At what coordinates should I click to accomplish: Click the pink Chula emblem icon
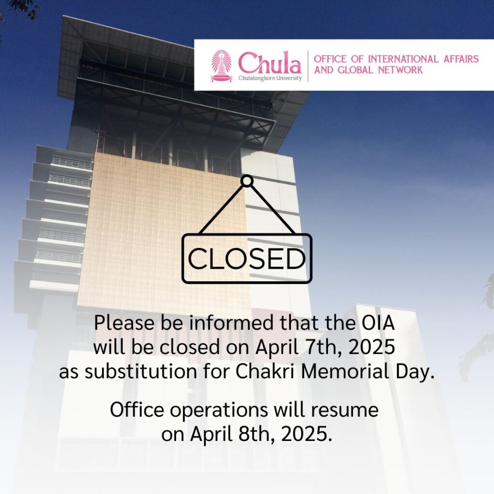coord(221,66)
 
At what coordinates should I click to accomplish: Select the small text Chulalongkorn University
coord(270,78)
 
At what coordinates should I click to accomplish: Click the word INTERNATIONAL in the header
coord(403,59)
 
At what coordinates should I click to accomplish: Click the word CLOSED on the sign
coord(247,259)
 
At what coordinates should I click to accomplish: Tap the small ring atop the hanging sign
coord(247,181)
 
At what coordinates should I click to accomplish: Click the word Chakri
coord(265,371)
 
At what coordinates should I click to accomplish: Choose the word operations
coord(219,410)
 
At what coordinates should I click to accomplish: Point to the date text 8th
coord(257,434)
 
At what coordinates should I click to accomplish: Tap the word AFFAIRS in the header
coord(461,59)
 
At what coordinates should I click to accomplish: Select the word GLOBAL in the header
coord(355,69)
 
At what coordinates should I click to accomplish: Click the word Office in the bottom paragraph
coord(137,410)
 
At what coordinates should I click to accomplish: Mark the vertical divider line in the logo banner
coord(308,66)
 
